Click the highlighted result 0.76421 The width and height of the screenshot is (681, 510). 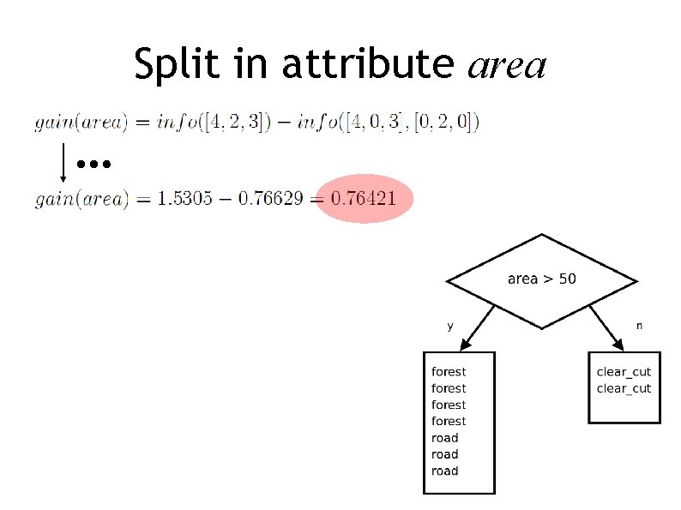364,200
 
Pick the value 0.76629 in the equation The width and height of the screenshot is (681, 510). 270,200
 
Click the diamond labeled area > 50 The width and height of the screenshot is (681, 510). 541,280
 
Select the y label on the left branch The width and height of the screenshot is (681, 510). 450,326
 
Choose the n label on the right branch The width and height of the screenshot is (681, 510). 638,326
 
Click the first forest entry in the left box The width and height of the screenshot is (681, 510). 449,372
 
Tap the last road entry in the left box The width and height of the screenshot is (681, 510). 444,471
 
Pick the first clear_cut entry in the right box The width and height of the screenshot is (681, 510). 624,372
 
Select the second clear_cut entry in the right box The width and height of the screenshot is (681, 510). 624,388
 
